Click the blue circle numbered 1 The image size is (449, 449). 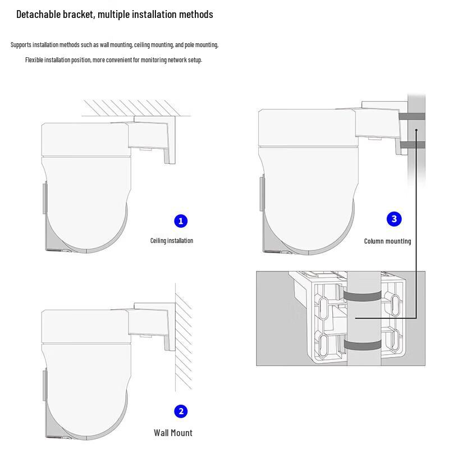pyautogui.click(x=181, y=221)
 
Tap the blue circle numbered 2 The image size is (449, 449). pyautogui.click(x=181, y=411)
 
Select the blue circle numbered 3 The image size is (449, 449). pyautogui.click(x=394, y=219)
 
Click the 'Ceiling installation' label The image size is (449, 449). pyautogui.click(x=172, y=241)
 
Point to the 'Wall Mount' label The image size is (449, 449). pyautogui.click(x=173, y=433)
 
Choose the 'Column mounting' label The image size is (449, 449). pyautogui.click(x=387, y=241)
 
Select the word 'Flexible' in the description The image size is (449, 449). pyautogui.click(x=34, y=60)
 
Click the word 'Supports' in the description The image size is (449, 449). pyautogui.click(x=21, y=45)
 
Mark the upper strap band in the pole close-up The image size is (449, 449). pyautogui.click(x=362, y=296)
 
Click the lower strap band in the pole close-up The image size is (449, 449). pyautogui.click(x=362, y=345)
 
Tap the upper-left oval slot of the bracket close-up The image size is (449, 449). pyautogui.click(x=323, y=308)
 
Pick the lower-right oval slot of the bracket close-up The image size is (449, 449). pyautogui.click(x=396, y=340)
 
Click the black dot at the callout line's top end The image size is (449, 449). pyautogui.click(x=416, y=130)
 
